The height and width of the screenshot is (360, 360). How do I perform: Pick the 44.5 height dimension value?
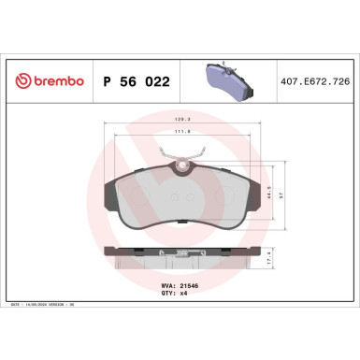click(x=269, y=194)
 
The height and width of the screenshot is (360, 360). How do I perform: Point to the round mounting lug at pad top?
click(x=183, y=169)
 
